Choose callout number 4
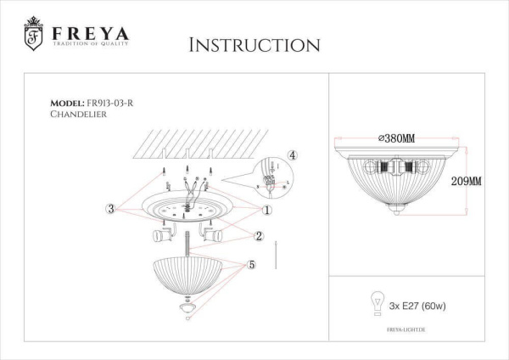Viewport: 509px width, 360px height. tap(291, 155)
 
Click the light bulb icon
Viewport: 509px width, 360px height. tap(372, 301)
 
